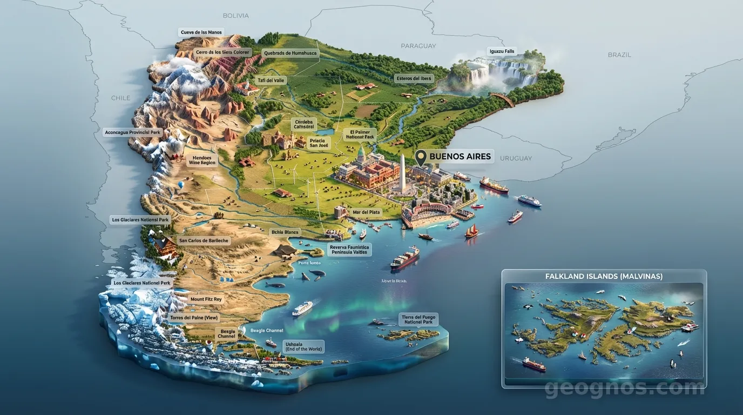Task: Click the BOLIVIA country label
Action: [x=235, y=16]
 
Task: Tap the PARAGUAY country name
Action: [x=418, y=46]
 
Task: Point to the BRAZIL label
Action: [x=619, y=55]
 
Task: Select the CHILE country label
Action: [x=120, y=98]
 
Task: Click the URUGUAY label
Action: [x=516, y=158]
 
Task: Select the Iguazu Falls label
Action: [x=502, y=51]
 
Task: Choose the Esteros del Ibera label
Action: [x=414, y=78]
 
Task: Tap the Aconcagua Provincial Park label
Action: [x=133, y=132]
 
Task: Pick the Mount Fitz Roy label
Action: [x=206, y=299]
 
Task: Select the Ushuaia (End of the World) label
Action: [x=303, y=346]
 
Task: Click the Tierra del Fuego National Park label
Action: [x=418, y=319]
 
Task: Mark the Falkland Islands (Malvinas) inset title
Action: [x=604, y=276]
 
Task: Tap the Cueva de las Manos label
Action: [x=201, y=32]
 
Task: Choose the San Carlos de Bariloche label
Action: [x=204, y=240]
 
